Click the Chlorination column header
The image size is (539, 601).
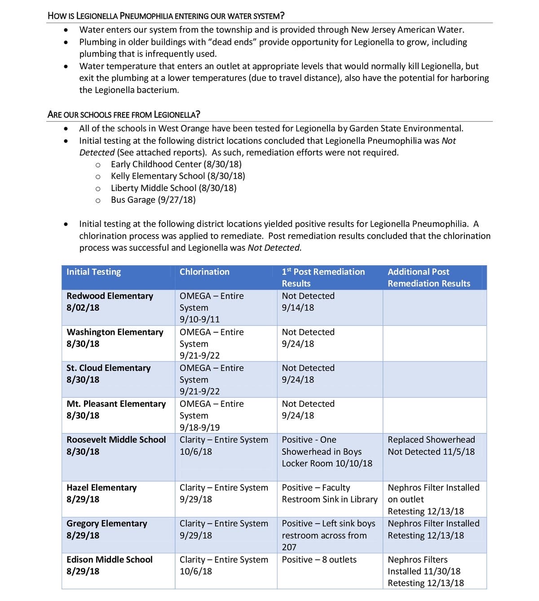(204, 272)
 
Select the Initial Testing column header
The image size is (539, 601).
(93, 272)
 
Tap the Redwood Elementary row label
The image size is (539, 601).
(110, 296)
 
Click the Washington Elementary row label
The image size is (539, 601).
(115, 332)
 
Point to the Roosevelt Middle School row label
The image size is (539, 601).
(116, 440)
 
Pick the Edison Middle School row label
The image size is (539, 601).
(109, 560)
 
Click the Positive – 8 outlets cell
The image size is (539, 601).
(319, 560)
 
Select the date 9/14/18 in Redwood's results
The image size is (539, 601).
(298, 308)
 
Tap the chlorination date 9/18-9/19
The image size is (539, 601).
(199, 427)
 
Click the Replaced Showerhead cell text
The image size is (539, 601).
(431, 440)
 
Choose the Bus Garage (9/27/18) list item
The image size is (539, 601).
(153, 200)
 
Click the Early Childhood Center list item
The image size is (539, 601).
(176, 164)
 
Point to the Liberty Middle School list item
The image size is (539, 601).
(173, 188)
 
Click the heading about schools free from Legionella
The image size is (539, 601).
(124, 114)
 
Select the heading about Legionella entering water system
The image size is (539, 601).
(166, 16)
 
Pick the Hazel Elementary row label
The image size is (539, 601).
(102, 488)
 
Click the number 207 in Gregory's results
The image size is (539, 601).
(289, 548)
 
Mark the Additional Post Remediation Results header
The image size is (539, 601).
(429, 278)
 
